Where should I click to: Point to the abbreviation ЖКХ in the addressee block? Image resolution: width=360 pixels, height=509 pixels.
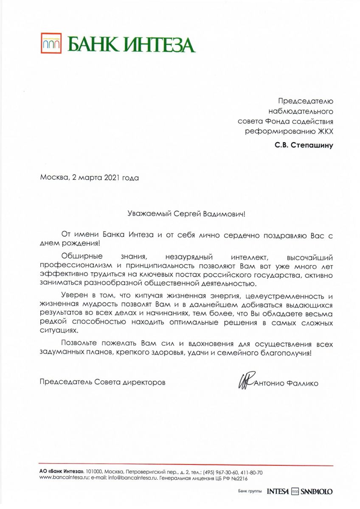coord(325,131)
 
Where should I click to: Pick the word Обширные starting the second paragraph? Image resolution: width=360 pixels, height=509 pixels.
coord(79,257)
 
